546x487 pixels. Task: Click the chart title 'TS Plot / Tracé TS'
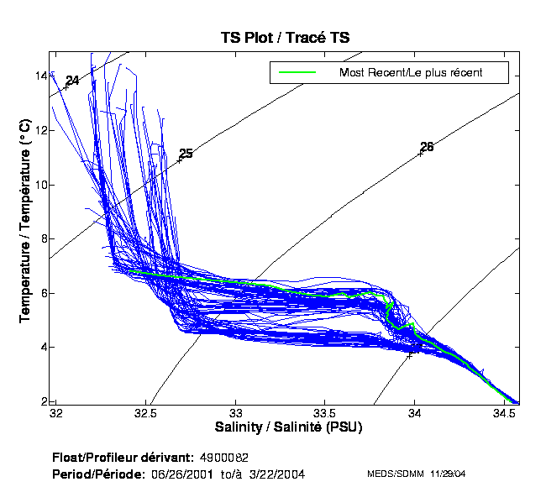click(285, 38)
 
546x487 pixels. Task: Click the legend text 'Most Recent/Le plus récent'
click(411, 72)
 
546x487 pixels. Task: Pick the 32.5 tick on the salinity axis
click(145, 414)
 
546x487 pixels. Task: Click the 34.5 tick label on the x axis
click(504, 414)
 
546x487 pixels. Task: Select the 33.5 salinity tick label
click(325, 414)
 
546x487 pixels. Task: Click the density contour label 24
click(72, 81)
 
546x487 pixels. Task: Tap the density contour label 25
click(186, 154)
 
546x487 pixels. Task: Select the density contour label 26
click(427, 147)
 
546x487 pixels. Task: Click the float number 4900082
click(224, 459)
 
